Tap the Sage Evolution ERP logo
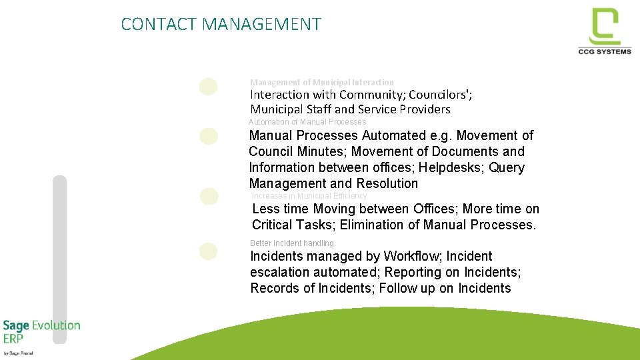(41, 332)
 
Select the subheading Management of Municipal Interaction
(321, 82)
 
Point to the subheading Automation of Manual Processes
(307, 122)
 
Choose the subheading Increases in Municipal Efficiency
(309, 196)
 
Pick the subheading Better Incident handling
(291, 243)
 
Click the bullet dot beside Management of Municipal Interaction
(209, 87)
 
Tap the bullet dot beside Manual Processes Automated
(209, 136)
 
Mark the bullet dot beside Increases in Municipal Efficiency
(209, 196)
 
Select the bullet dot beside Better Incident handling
(209, 251)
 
